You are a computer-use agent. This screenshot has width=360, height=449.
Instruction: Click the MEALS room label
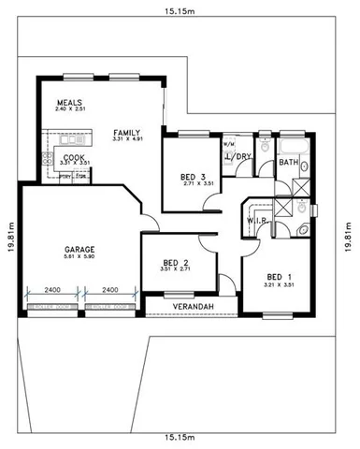(70, 103)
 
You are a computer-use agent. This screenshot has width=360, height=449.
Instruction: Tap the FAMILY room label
(126, 133)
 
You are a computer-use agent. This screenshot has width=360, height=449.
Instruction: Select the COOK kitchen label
(74, 157)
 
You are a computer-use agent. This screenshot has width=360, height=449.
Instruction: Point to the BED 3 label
(193, 176)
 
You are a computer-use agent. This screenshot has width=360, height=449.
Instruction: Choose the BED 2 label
(176, 263)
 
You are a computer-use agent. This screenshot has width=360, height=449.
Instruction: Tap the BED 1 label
(280, 277)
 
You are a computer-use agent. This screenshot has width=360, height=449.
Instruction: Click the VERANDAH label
(194, 305)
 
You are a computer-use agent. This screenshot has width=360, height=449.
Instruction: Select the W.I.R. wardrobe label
(258, 221)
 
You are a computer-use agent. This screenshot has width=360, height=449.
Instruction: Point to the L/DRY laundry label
(241, 156)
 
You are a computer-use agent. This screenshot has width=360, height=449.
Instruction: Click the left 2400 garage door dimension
(52, 290)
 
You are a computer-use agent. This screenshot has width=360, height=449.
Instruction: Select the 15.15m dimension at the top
(179, 12)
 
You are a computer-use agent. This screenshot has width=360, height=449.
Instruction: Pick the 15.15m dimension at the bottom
(179, 437)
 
